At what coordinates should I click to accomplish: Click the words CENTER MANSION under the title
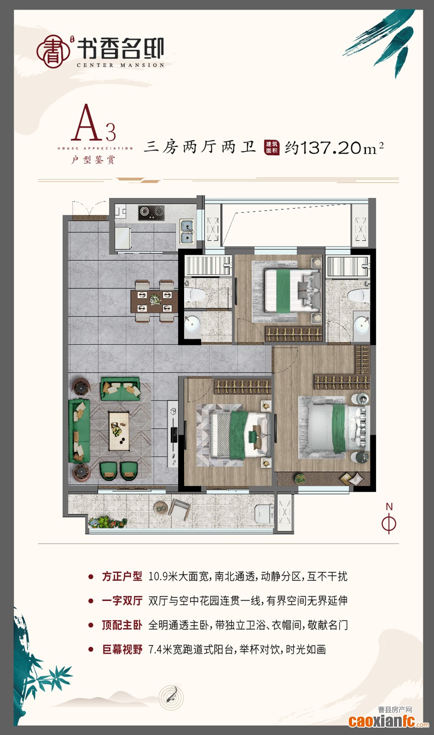point(120,65)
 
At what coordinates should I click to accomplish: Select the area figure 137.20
point(331,148)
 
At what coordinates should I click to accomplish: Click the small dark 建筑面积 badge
point(272,147)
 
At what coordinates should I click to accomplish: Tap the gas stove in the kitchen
point(151,212)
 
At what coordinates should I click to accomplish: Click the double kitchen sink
point(187,231)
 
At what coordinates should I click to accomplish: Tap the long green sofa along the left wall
point(78,431)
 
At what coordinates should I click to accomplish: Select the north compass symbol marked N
point(389,519)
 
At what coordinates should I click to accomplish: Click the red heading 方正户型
point(122,576)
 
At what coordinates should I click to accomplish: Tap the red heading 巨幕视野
point(122,649)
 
